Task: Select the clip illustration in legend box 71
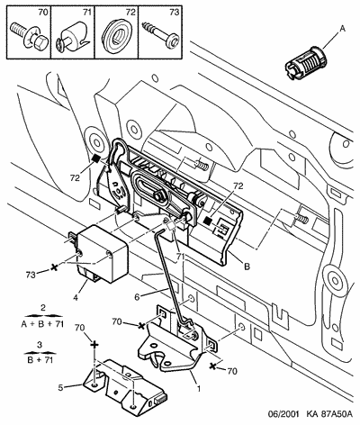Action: [72, 38]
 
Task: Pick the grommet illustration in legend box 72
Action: [116, 33]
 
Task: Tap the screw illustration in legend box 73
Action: [160, 33]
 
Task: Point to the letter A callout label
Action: [342, 29]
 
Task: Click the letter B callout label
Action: [247, 267]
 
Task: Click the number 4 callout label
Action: [76, 298]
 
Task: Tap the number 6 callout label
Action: [137, 297]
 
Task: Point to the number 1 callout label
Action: [198, 388]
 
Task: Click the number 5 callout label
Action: [61, 388]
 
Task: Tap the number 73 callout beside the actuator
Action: [31, 275]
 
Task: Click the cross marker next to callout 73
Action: [54, 267]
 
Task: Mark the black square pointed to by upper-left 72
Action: [95, 158]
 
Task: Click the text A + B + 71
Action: [42, 324]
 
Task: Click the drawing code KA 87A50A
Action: [328, 415]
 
